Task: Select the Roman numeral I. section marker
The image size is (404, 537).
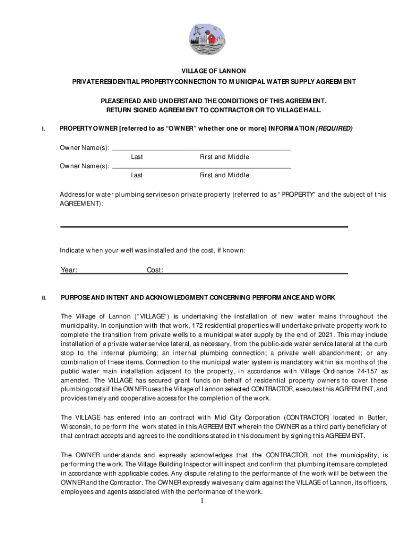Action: (x=44, y=129)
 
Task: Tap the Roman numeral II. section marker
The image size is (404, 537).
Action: (x=45, y=298)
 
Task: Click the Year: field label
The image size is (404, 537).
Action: (x=69, y=270)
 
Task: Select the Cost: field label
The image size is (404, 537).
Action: (x=155, y=270)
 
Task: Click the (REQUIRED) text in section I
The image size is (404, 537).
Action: (x=334, y=128)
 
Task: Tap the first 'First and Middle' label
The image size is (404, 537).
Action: (x=224, y=157)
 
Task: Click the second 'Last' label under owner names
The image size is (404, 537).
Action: (x=137, y=175)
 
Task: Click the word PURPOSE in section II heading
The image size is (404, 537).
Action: (x=75, y=298)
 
